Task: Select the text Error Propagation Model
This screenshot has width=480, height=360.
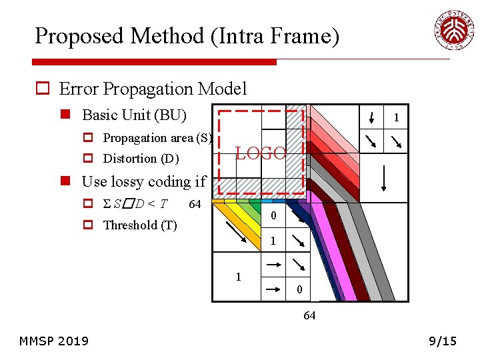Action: [x=153, y=89]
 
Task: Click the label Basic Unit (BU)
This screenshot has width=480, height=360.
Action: [x=134, y=115]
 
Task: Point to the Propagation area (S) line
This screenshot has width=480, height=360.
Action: [x=157, y=138]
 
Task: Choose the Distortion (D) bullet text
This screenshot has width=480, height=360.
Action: [x=141, y=159]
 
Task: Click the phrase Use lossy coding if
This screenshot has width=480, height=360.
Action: [x=143, y=181]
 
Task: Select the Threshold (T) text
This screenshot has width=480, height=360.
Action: [x=140, y=225]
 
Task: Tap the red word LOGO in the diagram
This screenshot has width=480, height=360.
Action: [x=261, y=153]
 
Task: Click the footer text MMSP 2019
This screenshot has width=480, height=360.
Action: [x=54, y=341]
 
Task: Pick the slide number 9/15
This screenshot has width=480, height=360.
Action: [x=443, y=341]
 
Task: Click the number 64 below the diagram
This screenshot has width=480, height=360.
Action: [x=309, y=315]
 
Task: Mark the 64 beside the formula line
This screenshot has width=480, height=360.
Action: [x=195, y=204]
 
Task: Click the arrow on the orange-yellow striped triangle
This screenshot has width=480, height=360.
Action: [x=235, y=233]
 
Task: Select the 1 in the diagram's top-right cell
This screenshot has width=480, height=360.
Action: [x=396, y=119]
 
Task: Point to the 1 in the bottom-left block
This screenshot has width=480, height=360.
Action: [x=238, y=277]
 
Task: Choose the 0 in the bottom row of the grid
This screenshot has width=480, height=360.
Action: [x=299, y=289]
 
